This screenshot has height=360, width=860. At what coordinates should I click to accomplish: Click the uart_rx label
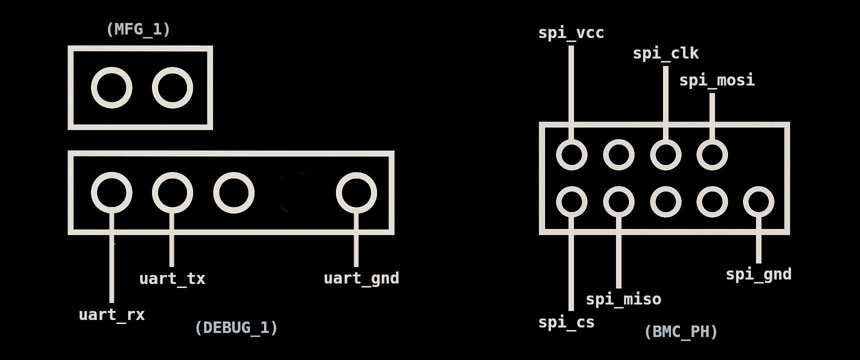point(111,314)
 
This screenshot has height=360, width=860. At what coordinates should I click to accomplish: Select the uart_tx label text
point(172,278)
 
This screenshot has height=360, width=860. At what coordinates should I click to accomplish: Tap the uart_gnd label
point(361,278)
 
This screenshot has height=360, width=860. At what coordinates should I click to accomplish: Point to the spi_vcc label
point(571,33)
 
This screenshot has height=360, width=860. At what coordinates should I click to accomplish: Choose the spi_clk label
point(665,53)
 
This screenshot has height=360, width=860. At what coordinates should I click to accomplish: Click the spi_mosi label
point(716,80)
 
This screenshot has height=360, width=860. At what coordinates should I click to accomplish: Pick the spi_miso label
point(623,299)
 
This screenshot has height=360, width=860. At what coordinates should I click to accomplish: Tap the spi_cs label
point(566,322)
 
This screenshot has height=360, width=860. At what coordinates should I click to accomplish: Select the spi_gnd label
point(758,274)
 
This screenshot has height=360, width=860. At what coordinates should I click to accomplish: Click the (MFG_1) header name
point(138,29)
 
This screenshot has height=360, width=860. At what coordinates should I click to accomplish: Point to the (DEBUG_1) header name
point(235,327)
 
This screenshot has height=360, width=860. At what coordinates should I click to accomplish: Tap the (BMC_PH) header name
point(680,331)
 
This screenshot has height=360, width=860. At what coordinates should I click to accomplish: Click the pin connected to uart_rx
point(111,192)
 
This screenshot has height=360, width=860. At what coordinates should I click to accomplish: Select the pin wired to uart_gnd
point(356,192)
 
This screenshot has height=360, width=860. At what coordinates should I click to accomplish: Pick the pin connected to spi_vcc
point(571,154)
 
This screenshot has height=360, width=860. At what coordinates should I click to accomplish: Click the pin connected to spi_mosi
point(712,154)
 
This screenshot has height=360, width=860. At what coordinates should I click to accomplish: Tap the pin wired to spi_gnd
point(758,201)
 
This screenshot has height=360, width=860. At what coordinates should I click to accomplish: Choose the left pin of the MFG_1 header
point(111,87)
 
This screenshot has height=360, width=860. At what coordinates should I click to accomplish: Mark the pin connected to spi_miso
point(618,201)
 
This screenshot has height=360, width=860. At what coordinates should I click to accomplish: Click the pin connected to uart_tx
point(172,192)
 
